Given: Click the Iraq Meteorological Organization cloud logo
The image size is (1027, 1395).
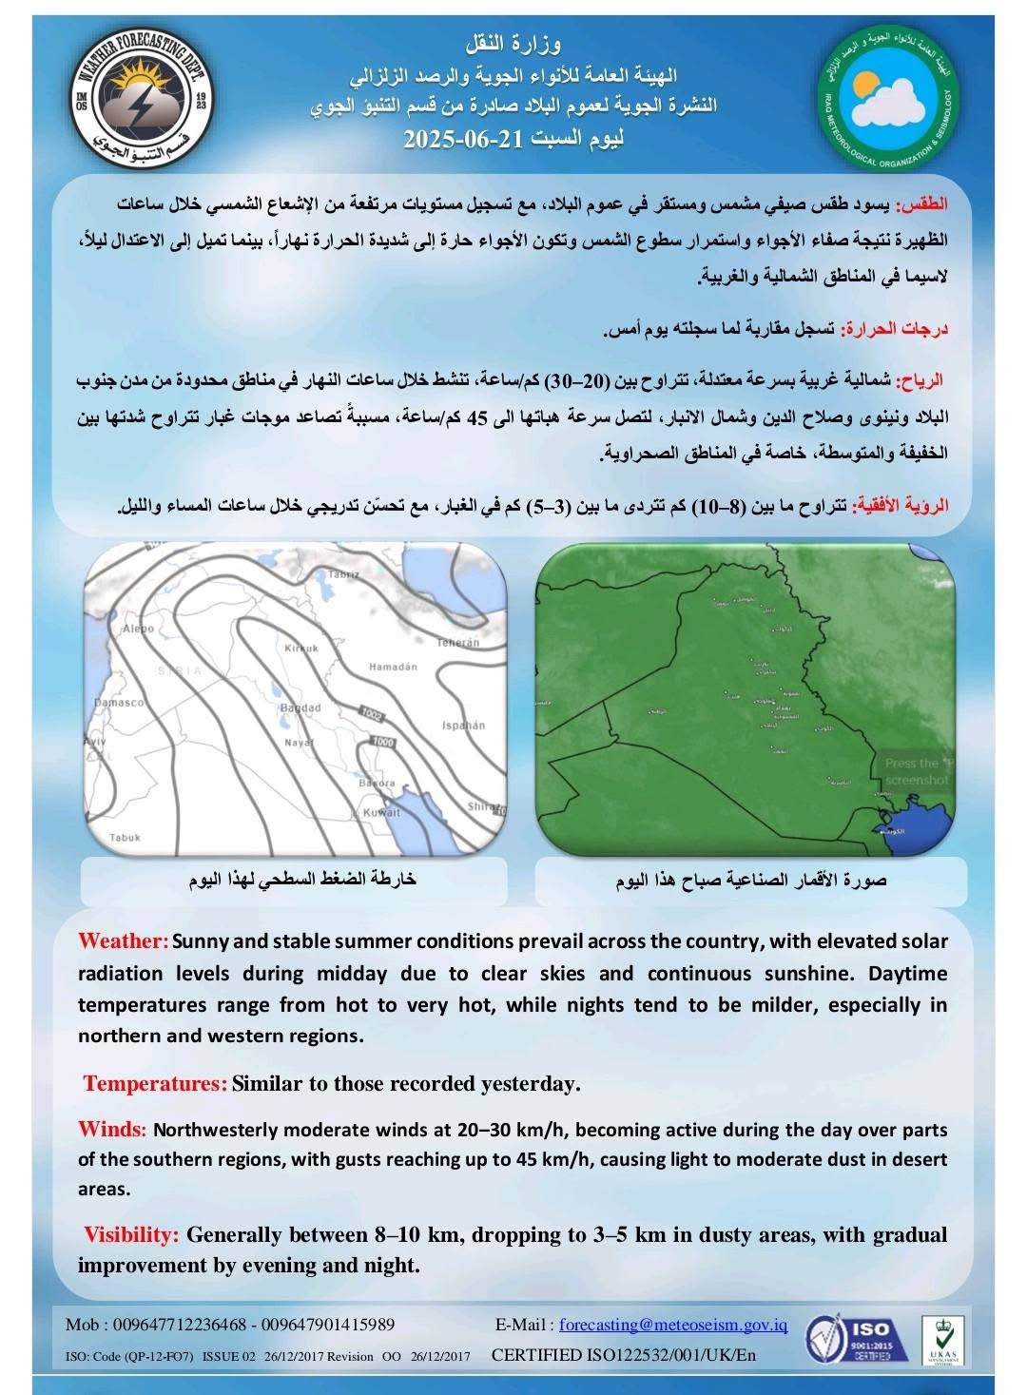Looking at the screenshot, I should click(888, 100).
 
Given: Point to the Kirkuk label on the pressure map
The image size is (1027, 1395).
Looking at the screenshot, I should click(301, 648).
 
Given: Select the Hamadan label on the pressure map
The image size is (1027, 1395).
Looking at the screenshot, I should click(393, 667).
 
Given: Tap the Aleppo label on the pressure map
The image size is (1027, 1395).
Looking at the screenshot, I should click(138, 629).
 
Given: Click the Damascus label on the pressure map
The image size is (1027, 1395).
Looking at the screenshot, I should click(119, 702).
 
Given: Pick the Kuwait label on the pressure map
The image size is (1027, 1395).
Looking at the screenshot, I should click(381, 813).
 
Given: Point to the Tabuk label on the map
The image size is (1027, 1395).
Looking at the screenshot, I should click(125, 838).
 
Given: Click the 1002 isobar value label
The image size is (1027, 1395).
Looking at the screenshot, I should click(370, 712).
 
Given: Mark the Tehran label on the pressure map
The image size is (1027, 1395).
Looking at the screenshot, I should click(457, 643).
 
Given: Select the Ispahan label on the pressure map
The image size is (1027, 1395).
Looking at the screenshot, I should click(463, 726).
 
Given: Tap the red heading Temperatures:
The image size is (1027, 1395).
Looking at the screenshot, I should click(155, 1083).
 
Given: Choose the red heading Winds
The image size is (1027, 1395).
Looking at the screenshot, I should click(111, 1130).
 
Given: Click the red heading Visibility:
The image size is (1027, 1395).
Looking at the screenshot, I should click(131, 1234).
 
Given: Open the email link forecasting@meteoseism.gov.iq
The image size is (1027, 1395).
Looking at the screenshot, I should click(673, 1325).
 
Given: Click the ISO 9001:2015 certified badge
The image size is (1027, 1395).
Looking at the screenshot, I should click(848, 1341).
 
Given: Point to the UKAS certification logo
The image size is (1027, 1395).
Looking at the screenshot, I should click(942, 1341).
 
